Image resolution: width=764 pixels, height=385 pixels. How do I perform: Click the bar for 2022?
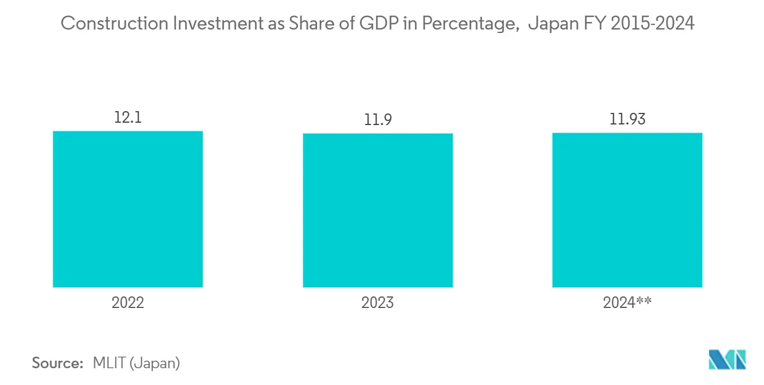click(128, 209)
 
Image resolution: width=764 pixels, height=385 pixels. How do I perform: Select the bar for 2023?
click(377, 210)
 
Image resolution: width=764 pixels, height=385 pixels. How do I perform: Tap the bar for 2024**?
click(627, 210)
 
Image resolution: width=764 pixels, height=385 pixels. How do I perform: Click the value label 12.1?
click(128, 118)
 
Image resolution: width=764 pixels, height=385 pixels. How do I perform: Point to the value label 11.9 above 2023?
click(377, 120)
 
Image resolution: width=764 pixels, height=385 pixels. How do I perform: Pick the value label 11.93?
click(627, 120)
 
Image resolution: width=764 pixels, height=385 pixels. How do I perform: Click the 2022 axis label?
click(128, 302)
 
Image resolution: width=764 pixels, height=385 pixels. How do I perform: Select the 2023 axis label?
click(377, 302)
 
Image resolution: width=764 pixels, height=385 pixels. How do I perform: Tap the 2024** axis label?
click(627, 302)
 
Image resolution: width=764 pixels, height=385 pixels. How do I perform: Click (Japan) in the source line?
click(155, 364)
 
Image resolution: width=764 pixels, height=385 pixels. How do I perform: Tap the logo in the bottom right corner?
click(728, 360)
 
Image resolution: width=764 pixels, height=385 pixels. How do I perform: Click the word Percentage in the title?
click(462, 24)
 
